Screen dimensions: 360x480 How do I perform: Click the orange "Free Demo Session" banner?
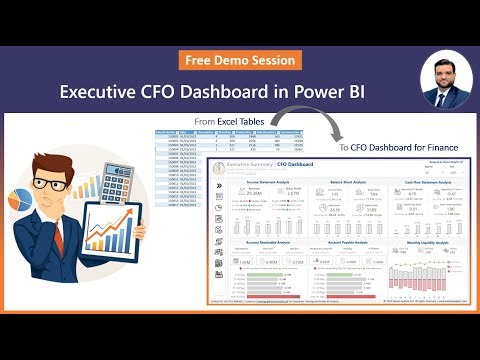240,60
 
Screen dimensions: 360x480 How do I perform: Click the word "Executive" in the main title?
105,92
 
